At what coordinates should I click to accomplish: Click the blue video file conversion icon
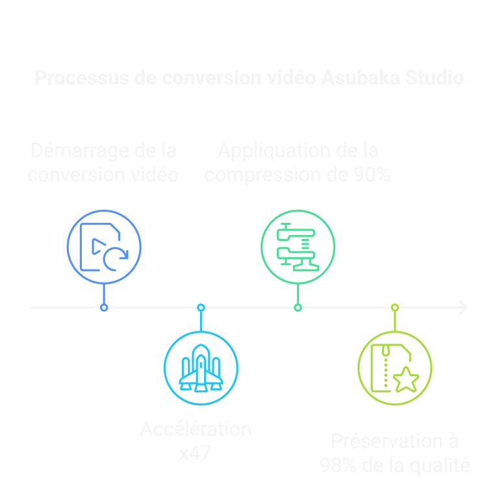pyautogui.click(x=104, y=247)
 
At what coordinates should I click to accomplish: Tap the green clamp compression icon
pyautogui.click(x=298, y=247)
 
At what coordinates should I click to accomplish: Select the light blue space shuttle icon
pyautogui.click(x=201, y=368)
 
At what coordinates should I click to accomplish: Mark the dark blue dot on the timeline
pyautogui.click(x=104, y=307)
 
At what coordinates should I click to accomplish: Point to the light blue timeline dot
pyautogui.click(x=201, y=307)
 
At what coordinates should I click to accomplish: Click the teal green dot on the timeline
pyautogui.click(x=298, y=307)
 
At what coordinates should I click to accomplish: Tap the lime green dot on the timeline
pyautogui.click(x=395, y=307)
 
